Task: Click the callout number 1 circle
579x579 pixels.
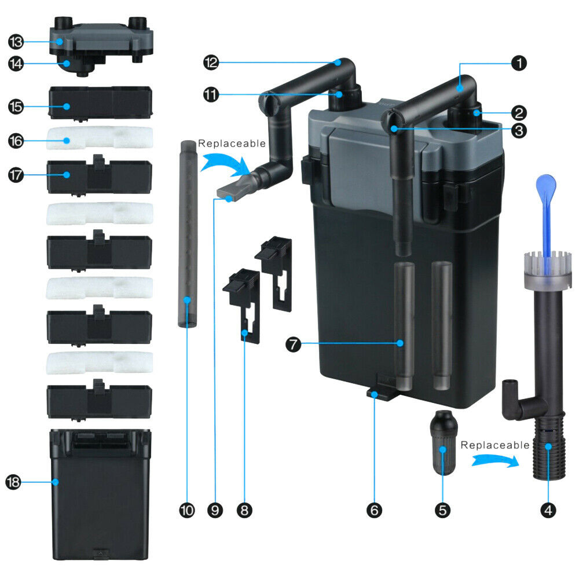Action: [519, 63]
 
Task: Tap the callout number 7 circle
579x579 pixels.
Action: [293, 345]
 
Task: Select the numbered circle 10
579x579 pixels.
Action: [187, 510]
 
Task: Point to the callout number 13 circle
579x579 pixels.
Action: [16, 42]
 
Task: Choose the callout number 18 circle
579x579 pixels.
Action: [13, 482]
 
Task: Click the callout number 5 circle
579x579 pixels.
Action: [442, 510]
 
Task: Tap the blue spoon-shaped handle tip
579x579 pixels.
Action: [546, 185]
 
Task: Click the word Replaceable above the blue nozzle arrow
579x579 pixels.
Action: [232, 143]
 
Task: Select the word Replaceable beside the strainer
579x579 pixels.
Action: [495, 445]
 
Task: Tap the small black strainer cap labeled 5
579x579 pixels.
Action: [444, 442]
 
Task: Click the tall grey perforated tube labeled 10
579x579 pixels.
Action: [188, 233]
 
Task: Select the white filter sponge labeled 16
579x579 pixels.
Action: [100, 138]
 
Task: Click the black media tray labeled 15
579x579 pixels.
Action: [100, 103]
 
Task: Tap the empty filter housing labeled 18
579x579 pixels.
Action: [100, 494]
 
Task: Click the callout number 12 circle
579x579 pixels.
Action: [211, 63]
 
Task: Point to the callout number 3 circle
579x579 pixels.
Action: [519, 130]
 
